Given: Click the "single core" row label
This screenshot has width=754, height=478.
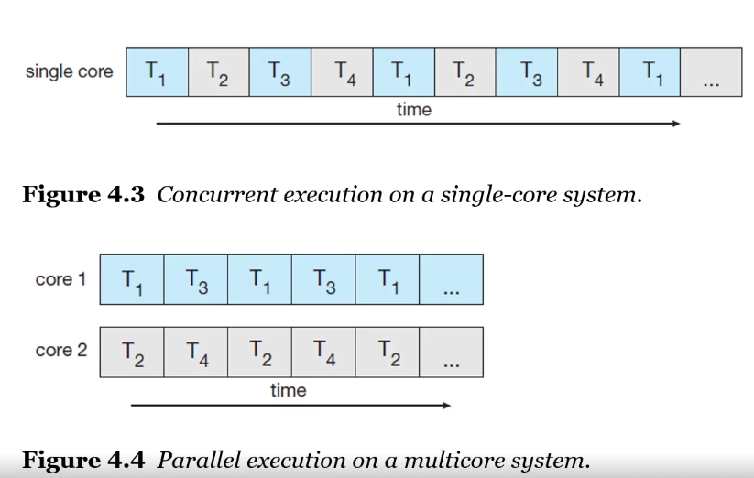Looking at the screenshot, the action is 69,71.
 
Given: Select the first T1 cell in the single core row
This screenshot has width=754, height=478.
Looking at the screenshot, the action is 157,71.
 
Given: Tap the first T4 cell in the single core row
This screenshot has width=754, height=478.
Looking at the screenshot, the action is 342,71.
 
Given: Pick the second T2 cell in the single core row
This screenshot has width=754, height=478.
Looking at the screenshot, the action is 464,71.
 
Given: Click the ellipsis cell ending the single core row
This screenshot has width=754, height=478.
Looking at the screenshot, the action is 712,72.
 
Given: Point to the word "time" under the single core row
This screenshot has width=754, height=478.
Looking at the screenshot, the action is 413,110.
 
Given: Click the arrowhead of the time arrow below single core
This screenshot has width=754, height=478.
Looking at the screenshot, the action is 675,124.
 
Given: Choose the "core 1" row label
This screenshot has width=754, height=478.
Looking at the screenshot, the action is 60,279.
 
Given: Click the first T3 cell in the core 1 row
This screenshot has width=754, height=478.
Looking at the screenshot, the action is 196,279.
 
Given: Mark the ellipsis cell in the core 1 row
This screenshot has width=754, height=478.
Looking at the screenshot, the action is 451,280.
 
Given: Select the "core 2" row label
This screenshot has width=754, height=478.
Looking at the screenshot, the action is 60,351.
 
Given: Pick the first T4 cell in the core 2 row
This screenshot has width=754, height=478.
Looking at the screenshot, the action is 196,352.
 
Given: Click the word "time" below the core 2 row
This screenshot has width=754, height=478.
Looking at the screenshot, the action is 288,390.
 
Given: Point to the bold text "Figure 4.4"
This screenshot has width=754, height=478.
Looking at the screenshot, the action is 83,459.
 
